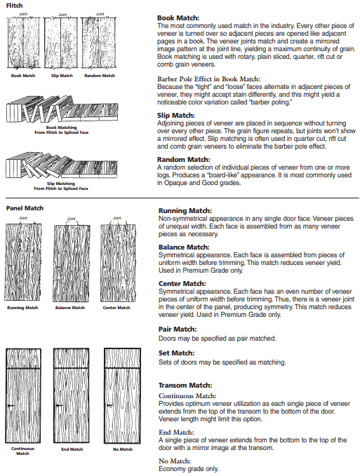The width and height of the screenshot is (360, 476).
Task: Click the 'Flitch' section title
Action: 14,6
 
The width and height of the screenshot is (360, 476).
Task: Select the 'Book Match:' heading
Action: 178,18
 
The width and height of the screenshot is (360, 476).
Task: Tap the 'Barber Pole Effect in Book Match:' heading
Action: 208,79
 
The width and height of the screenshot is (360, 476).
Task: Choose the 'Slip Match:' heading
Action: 176,116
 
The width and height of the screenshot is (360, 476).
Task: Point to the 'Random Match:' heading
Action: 183,159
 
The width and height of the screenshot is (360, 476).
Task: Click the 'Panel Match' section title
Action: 25,208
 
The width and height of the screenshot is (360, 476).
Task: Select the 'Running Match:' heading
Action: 185,211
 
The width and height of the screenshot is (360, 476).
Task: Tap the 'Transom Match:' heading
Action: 185,386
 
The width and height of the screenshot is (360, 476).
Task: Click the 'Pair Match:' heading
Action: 178,329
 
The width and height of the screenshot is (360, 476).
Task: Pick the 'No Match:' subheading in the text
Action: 175,461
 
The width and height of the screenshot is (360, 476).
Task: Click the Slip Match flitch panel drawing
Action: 61,43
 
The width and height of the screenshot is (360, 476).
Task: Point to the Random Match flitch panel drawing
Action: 99,43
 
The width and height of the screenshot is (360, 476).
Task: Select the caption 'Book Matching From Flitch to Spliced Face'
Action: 61,130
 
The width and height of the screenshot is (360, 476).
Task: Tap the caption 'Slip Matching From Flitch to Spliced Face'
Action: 61,186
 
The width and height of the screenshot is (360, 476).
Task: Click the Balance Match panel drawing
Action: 71,263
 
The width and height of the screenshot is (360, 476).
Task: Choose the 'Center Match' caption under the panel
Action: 116,308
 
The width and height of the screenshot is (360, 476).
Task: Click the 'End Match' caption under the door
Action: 72,449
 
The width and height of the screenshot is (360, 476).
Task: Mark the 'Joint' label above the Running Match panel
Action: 23,218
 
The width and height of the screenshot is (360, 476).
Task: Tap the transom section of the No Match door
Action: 122,358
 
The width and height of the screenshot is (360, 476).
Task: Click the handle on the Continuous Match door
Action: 11,406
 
